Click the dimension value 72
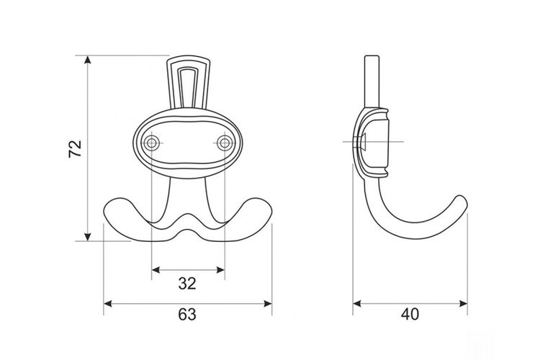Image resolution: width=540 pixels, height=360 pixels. (x=75, y=148)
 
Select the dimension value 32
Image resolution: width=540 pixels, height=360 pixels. (x=187, y=283)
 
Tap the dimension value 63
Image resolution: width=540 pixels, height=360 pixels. (x=187, y=314)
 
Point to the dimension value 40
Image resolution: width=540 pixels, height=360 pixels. (x=410, y=314)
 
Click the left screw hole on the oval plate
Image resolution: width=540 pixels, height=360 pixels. (x=152, y=143)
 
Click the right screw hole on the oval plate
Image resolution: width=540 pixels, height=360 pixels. (x=225, y=143)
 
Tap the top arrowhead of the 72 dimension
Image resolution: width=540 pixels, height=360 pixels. (x=88, y=59)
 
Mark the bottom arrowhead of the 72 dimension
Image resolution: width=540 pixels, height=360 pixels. (x=88, y=237)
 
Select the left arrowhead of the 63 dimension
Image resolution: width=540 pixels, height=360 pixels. (x=108, y=304)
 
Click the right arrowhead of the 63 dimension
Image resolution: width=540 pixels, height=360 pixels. (x=268, y=304)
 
